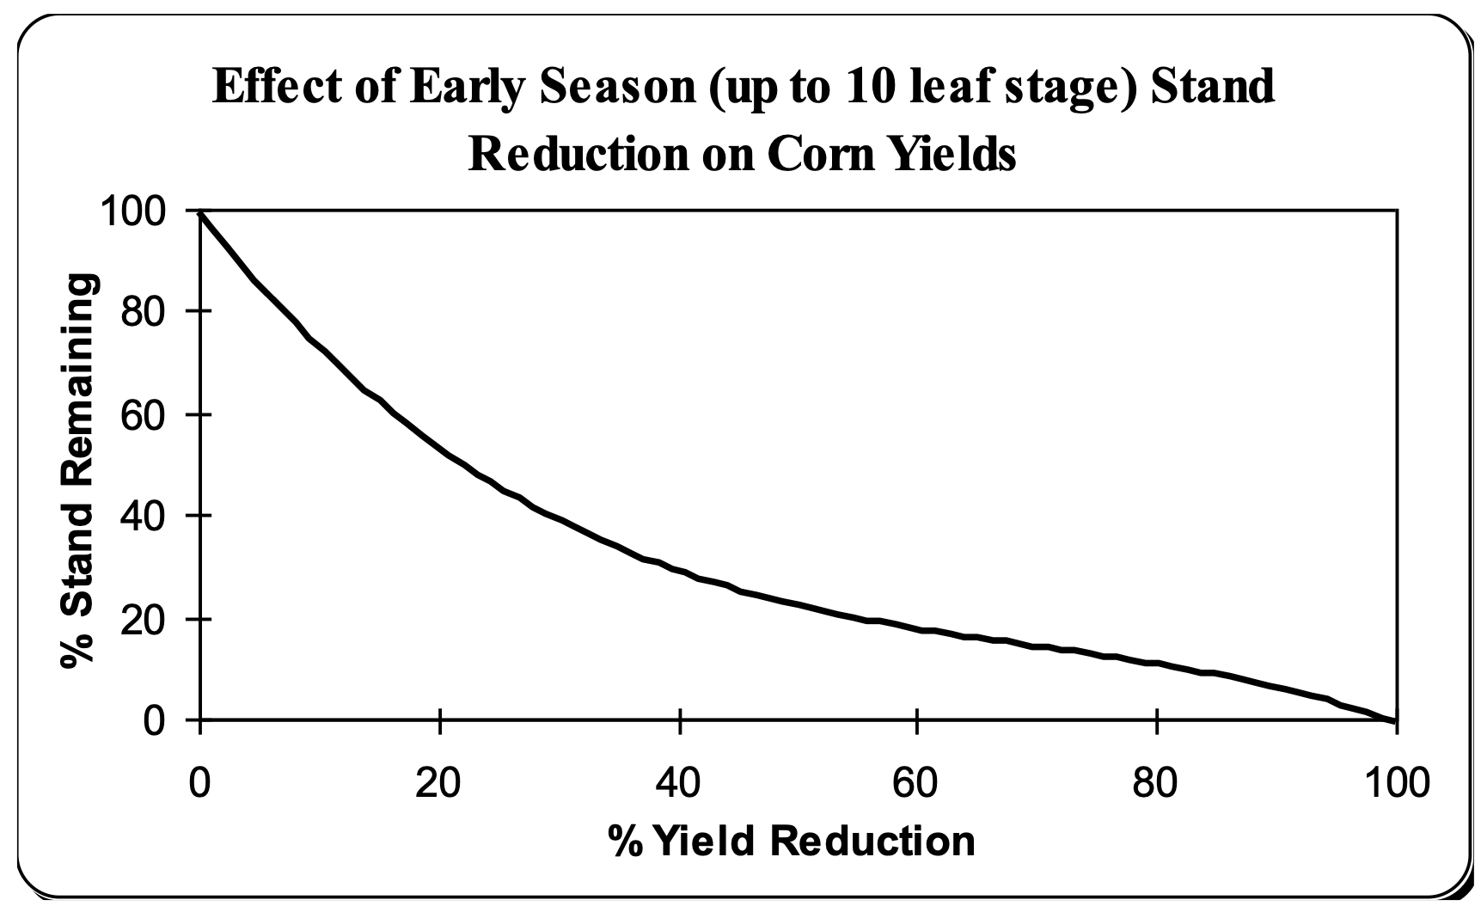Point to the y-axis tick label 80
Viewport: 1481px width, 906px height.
[x=143, y=311]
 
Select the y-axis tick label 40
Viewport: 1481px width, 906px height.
[x=143, y=516]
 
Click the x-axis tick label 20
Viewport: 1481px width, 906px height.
[x=439, y=783]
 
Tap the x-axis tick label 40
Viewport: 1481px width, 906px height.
[x=679, y=783]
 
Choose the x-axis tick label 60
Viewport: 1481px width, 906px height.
[x=918, y=783]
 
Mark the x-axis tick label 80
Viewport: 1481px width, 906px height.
[x=1158, y=783]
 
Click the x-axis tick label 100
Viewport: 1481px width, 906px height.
[x=1396, y=783]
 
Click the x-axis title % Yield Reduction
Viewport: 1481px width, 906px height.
[x=792, y=842]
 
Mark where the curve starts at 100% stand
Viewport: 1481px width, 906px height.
[x=200, y=211]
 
